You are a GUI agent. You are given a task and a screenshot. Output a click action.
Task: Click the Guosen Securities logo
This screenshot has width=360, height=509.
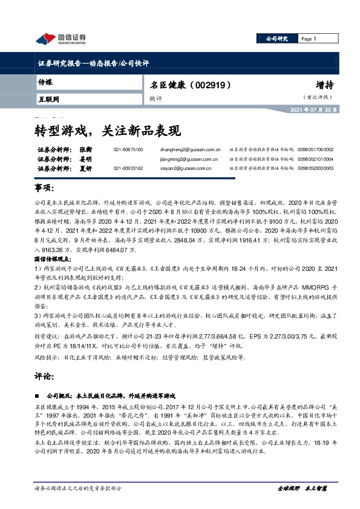[61, 39]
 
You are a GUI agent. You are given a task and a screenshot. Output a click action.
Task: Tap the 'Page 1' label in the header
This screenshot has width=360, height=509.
[309, 39]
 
